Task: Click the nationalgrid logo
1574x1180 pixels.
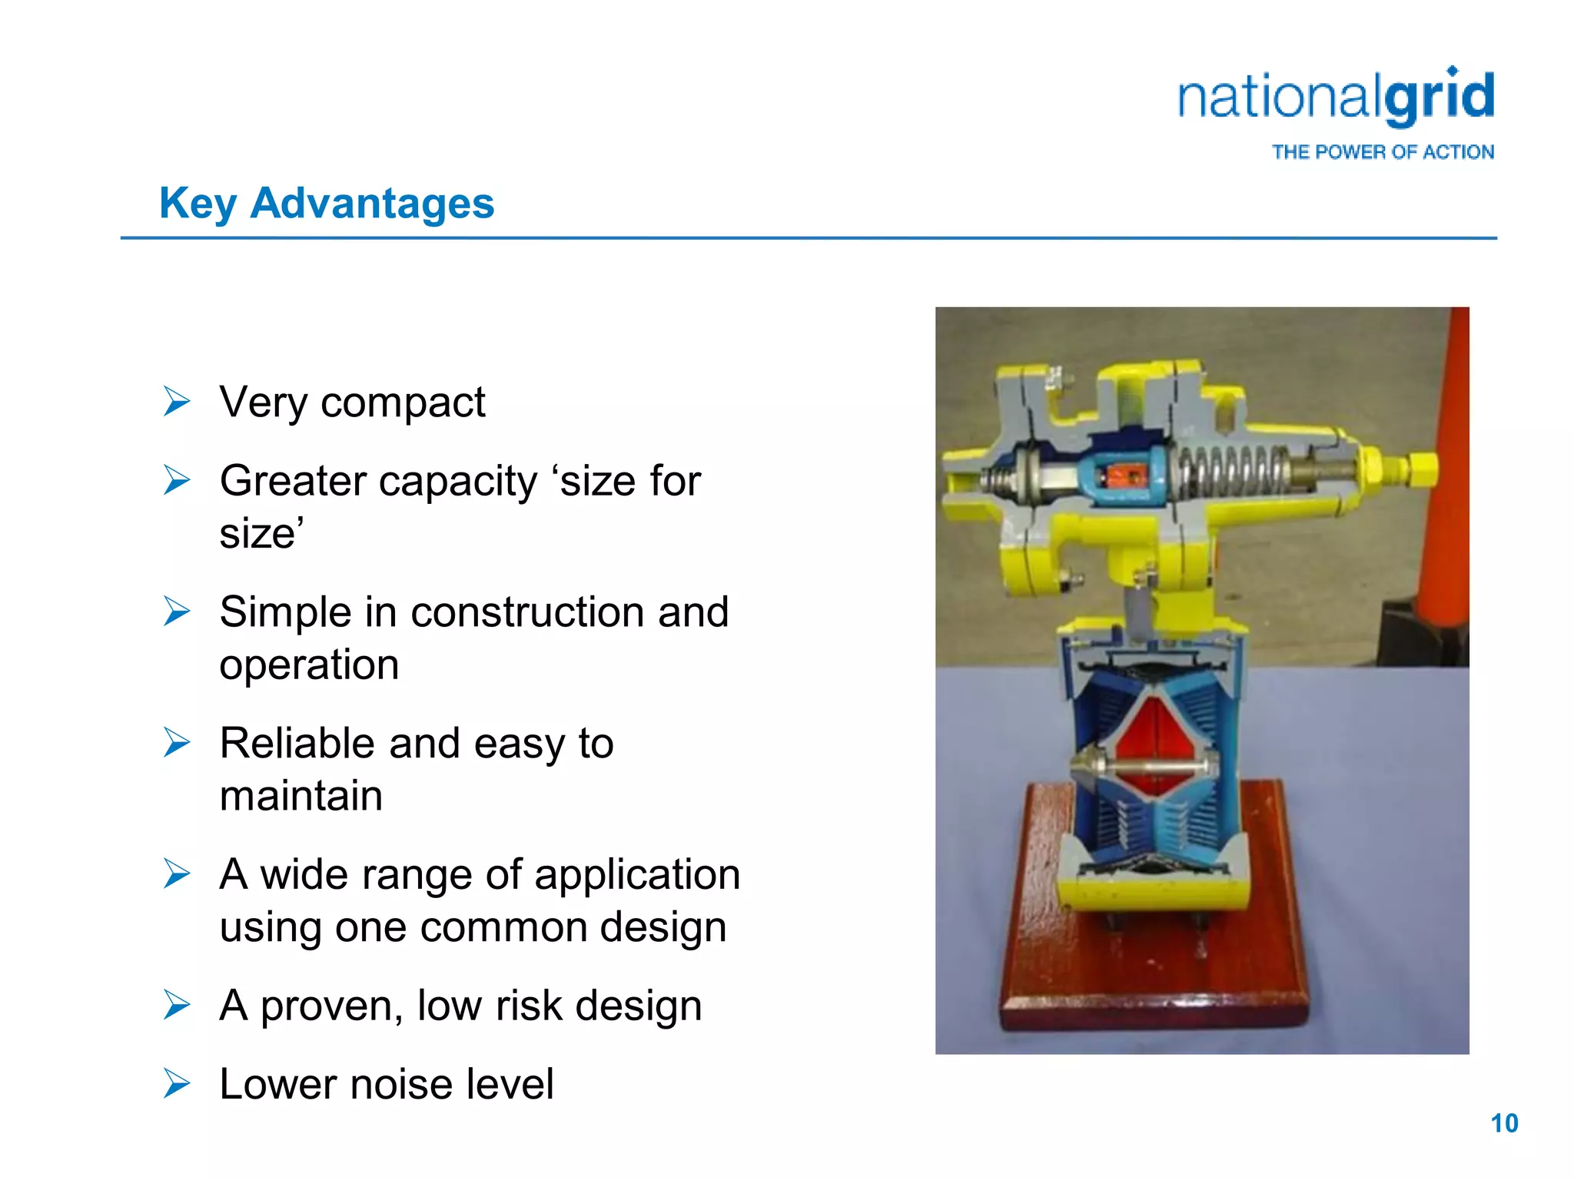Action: [1336, 98]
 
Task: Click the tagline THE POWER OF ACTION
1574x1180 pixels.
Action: [1383, 152]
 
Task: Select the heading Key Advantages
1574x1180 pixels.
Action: [327, 204]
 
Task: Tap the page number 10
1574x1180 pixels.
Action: [1504, 1123]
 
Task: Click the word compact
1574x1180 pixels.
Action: [403, 403]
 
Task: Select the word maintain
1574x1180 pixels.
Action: [301, 796]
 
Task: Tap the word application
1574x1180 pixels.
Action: [637, 875]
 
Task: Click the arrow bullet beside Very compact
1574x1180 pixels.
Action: [177, 402]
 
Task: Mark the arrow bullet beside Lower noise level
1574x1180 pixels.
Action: [177, 1084]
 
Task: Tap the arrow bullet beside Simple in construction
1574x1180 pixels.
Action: [177, 612]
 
